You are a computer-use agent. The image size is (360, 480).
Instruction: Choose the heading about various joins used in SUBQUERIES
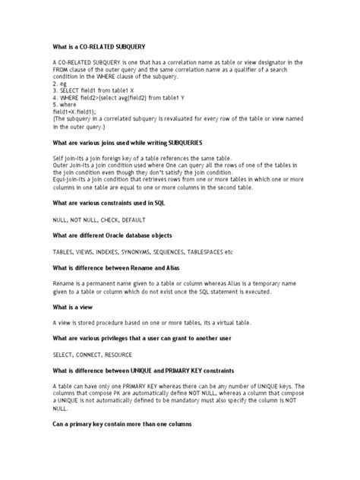[131, 141]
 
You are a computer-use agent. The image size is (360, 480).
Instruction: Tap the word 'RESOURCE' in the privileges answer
[134, 355]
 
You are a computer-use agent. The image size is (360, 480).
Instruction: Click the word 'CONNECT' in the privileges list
[96, 355]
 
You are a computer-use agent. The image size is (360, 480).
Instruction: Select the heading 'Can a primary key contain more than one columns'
[127, 422]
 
